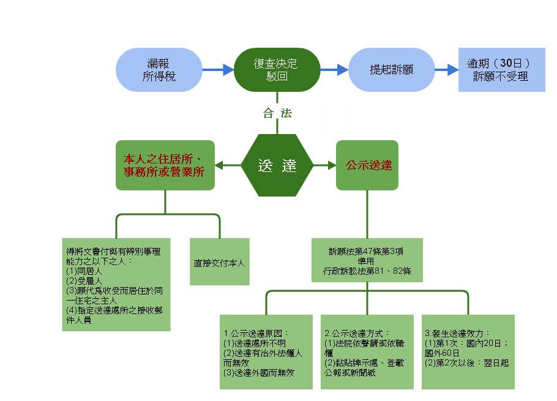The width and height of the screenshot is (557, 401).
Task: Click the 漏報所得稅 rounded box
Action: coord(159,70)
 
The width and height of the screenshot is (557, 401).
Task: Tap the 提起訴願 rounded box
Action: coord(392,70)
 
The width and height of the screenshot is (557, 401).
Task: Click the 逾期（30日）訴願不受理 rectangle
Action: coord(501,70)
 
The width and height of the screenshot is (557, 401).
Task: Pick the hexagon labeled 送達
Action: coord(277,165)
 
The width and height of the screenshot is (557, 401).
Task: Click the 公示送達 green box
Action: coord(367,165)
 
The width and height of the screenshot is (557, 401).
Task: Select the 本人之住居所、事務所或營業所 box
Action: coord(165,165)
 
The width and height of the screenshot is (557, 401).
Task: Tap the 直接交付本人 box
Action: coord(220,264)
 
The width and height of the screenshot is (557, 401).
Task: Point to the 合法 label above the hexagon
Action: coord(277,113)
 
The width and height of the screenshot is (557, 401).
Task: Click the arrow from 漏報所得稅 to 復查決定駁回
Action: coord(218,70)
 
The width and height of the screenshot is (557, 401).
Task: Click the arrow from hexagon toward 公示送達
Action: coord(324,165)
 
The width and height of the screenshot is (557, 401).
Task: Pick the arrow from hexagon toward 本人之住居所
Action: coord(228,165)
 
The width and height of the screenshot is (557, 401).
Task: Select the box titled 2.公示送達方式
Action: coord(367,352)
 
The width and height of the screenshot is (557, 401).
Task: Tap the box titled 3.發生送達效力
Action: coord(468,352)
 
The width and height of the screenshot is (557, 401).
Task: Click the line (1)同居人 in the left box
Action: coord(80,271)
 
